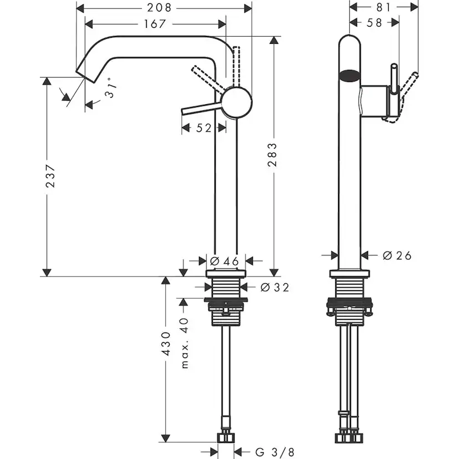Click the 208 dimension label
(x=163, y=8)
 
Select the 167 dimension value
(x=155, y=24)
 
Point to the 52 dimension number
(x=204, y=128)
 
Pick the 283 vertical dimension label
(x=273, y=157)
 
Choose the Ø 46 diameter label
(x=225, y=261)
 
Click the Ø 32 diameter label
(x=274, y=287)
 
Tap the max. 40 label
(x=185, y=344)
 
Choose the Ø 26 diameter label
(x=397, y=256)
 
